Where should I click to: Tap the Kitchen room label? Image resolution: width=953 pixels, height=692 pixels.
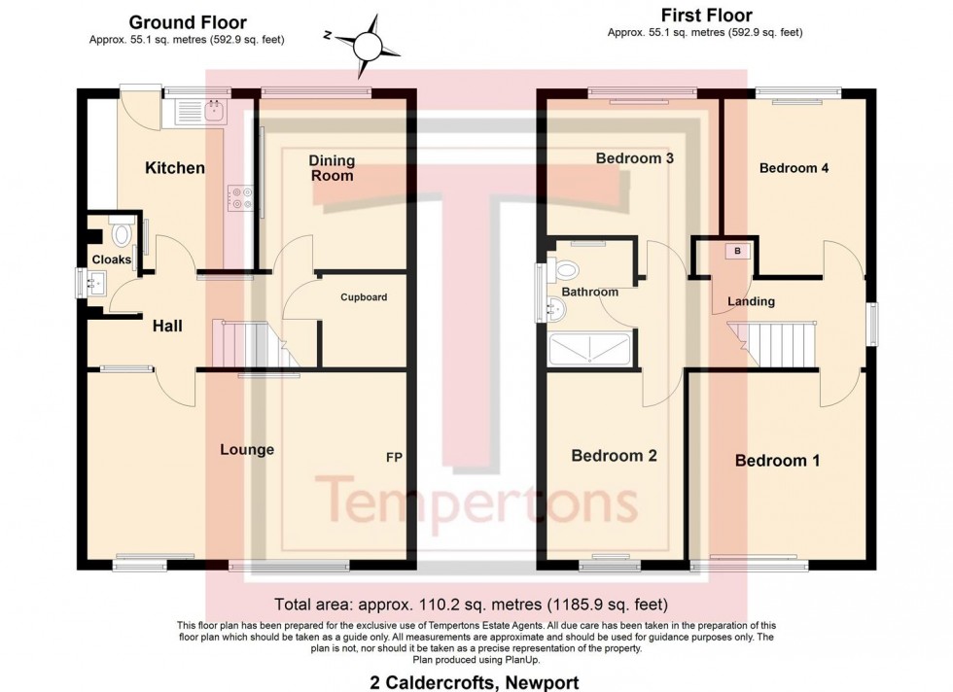[x=175, y=168]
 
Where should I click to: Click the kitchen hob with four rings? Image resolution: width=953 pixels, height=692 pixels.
[x=241, y=198]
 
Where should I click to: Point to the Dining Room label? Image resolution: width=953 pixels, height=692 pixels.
[x=332, y=168]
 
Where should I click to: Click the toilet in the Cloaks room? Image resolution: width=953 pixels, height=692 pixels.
[x=123, y=234]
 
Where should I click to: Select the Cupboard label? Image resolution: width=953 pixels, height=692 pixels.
[x=364, y=296]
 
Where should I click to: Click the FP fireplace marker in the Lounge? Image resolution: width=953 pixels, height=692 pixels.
[x=394, y=456]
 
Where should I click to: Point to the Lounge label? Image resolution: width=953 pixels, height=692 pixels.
[x=247, y=450]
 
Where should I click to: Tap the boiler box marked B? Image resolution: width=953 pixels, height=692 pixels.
[x=737, y=251]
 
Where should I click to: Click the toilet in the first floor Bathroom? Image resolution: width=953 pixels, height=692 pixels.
[x=564, y=269]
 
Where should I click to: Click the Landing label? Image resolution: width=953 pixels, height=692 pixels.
[x=752, y=301]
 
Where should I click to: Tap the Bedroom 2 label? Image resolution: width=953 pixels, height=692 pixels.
[x=607, y=455]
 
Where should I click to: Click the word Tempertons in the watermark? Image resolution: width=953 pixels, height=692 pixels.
[x=476, y=501]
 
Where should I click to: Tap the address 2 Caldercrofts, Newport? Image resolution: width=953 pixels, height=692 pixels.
[x=476, y=682]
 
